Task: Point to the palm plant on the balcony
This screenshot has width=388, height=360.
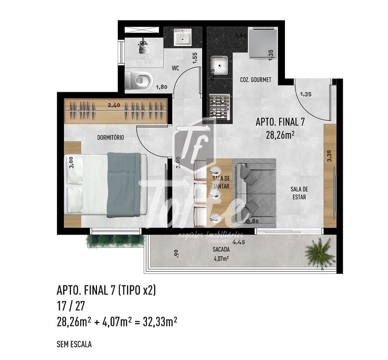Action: click(320, 252)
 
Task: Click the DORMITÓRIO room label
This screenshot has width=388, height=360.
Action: click(110, 138)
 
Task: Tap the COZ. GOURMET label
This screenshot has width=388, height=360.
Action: click(255, 80)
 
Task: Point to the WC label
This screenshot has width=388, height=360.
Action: click(175, 68)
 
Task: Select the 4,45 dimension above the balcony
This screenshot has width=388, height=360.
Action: click(238, 242)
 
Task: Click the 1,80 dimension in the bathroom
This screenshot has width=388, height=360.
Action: click(161, 87)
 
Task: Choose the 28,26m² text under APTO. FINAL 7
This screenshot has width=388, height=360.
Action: click(280, 135)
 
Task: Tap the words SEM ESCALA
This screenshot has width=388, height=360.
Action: click(74, 344)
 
